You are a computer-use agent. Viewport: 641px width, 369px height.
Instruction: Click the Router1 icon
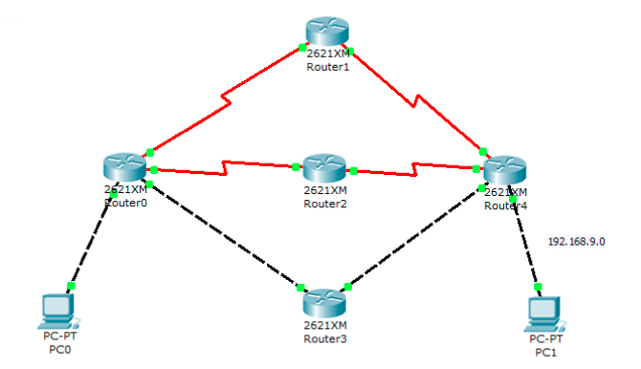click(x=326, y=31)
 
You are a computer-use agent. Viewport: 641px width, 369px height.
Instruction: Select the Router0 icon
click(x=124, y=167)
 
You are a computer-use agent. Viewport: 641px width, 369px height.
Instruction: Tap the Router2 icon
click(x=324, y=168)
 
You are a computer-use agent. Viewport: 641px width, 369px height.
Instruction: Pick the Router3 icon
click(x=324, y=303)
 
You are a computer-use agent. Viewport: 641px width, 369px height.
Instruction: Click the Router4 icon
click(x=505, y=169)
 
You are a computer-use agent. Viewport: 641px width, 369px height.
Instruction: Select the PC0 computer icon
click(x=59, y=312)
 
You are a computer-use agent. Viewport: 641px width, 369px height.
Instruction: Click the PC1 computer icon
click(x=545, y=315)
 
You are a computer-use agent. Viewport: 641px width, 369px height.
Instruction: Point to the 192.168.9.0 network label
click(x=576, y=242)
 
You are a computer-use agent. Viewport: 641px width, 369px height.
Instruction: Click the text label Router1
click(x=328, y=67)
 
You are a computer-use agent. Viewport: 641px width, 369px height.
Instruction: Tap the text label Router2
click(x=325, y=204)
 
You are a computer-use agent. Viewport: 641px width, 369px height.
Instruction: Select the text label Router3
click(x=325, y=338)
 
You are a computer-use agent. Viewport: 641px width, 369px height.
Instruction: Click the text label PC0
click(x=59, y=350)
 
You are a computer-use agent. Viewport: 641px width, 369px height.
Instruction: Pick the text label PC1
click(x=545, y=352)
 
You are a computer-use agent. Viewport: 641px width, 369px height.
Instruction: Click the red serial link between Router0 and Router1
click(x=226, y=100)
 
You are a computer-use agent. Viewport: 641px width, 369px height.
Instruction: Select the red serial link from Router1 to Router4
click(x=416, y=101)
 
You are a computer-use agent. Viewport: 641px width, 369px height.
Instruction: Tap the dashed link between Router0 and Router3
click(x=223, y=233)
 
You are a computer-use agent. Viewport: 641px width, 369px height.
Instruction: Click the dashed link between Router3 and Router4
click(x=414, y=237)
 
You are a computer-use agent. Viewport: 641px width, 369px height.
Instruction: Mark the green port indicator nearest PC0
click(x=71, y=286)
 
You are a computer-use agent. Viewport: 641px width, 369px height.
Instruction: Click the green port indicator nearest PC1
click(x=538, y=287)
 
